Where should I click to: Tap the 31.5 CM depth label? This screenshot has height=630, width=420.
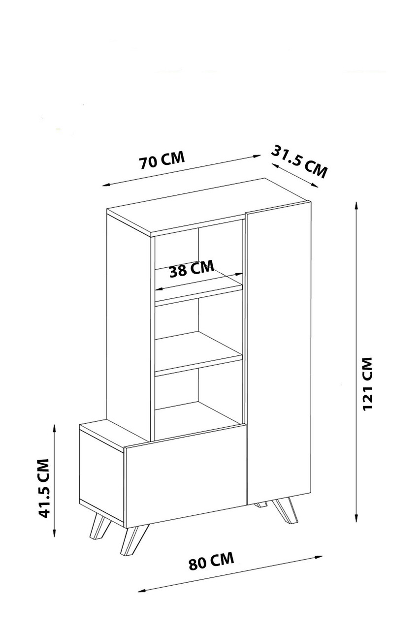point(299,161)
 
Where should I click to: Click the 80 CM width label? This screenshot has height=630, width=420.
point(211,562)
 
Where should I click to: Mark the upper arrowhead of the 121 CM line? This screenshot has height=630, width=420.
point(355,203)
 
